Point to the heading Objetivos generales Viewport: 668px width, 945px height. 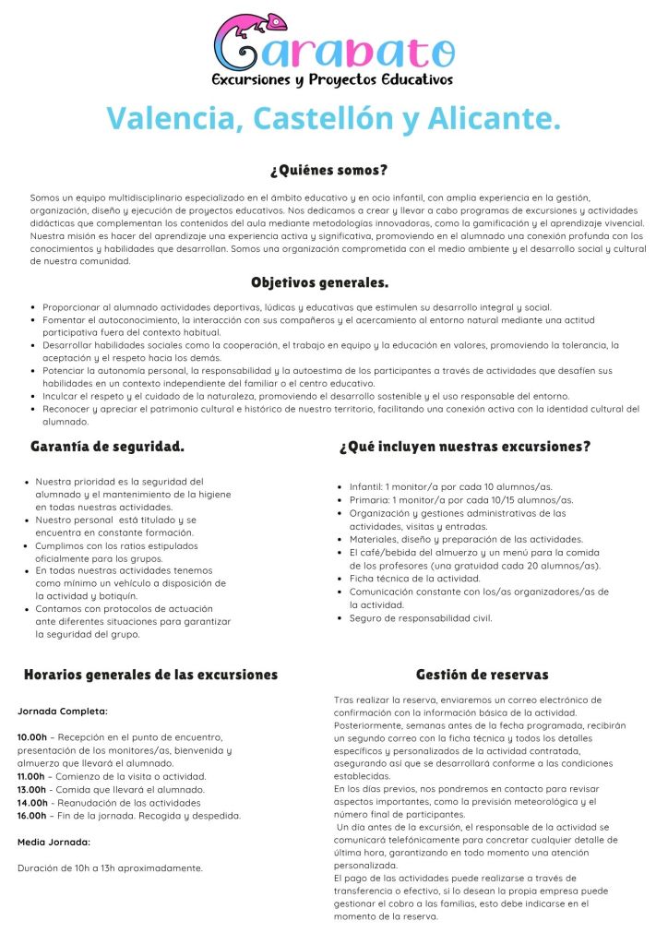click(319, 282)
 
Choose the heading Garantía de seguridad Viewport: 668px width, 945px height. click(107, 447)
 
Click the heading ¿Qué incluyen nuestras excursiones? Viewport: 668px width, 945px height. click(465, 447)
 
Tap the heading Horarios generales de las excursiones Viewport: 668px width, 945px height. click(150, 675)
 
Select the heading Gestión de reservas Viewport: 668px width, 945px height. click(482, 675)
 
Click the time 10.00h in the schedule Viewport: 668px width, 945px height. click(32, 737)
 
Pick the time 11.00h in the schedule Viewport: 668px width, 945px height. click(32, 776)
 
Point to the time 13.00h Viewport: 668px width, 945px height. click(32, 789)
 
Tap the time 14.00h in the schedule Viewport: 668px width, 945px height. click(32, 802)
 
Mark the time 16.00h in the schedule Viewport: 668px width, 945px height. click(32, 815)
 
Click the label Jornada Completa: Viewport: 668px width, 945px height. click(63, 712)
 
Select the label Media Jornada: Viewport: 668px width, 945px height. click(54, 842)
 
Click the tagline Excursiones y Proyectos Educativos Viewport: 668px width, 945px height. click(333, 80)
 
